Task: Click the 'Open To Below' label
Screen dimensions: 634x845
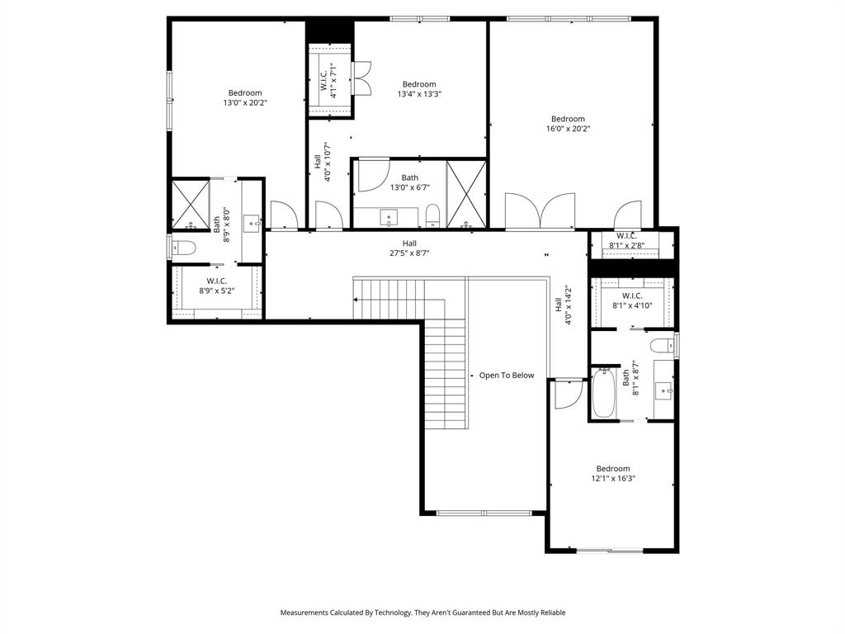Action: click(x=507, y=376)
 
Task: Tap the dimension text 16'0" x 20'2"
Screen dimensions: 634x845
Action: click(x=568, y=129)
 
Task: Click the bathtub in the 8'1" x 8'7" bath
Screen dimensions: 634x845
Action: click(x=603, y=395)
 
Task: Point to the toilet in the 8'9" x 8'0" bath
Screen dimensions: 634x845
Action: click(x=185, y=248)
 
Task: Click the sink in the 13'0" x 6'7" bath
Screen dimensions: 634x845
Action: click(x=389, y=218)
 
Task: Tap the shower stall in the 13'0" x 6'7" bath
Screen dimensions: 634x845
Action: click(x=466, y=194)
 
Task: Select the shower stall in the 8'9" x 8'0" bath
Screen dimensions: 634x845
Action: click(x=190, y=203)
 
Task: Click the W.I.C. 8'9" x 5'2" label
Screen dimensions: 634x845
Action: click(x=218, y=286)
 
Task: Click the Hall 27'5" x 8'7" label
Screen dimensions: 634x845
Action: click(x=409, y=248)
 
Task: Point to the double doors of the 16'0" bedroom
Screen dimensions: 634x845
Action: click(x=540, y=211)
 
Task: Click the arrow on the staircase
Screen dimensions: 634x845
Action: click(x=357, y=299)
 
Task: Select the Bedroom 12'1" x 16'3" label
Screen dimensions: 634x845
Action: click(x=613, y=474)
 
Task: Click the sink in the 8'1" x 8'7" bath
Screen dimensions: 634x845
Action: click(x=663, y=389)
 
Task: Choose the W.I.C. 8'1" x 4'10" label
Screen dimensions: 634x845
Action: click(x=632, y=300)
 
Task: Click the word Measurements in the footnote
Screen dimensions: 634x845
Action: click(x=305, y=613)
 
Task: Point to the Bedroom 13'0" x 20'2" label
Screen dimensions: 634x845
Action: click(x=245, y=97)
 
